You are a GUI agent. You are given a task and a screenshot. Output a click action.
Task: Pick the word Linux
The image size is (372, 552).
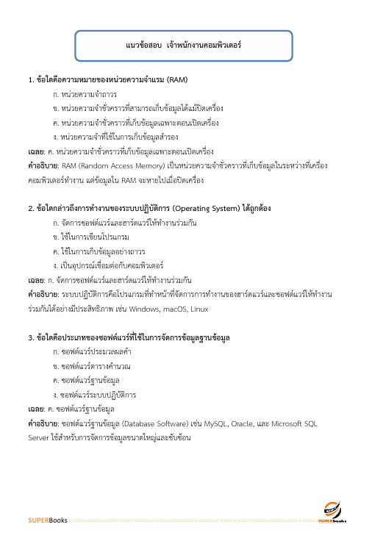[199, 310]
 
